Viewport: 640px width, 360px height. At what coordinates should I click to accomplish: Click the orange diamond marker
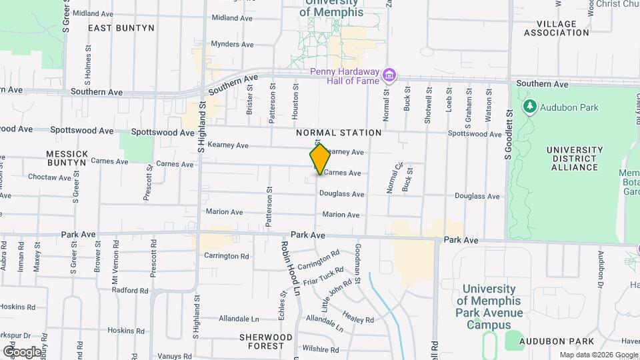(320, 159)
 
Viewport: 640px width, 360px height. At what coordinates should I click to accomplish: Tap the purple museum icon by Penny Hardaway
(390, 75)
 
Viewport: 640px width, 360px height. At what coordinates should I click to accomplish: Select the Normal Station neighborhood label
(339, 133)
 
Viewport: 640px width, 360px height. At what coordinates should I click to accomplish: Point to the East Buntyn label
(121, 28)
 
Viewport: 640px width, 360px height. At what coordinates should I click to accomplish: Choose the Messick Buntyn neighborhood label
(67, 158)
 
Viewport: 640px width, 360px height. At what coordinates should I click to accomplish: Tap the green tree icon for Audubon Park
(530, 107)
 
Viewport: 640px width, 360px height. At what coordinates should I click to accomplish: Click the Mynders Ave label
(233, 45)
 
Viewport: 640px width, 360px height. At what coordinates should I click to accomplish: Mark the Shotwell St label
(428, 105)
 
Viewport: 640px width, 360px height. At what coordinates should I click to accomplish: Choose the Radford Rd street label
(130, 291)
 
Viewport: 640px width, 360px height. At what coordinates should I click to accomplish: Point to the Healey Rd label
(359, 316)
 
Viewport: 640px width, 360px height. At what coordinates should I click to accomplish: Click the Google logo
(23, 351)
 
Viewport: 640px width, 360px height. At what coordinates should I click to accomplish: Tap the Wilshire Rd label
(321, 349)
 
